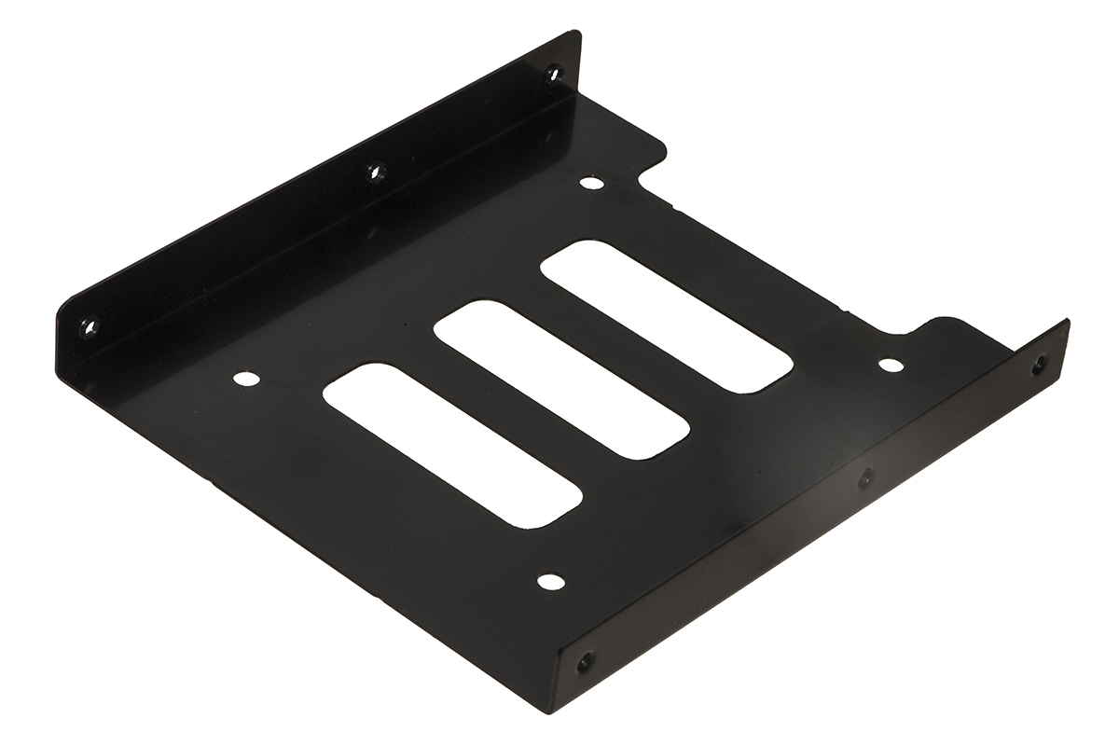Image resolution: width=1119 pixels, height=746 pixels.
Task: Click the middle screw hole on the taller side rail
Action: [x=376, y=171]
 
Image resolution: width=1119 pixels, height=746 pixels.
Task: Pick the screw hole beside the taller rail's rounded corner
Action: [x=90, y=327]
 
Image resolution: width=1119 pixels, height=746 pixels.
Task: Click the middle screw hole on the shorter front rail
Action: [x=865, y=477]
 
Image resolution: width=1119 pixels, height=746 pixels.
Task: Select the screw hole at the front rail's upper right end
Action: [x=1039, y=365]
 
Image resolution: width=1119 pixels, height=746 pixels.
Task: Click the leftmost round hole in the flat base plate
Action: [x=245, y=379]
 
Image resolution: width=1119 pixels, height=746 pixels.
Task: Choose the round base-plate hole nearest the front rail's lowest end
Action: [x=551, y=582]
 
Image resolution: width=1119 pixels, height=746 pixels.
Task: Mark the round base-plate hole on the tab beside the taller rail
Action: [x=590, y=183]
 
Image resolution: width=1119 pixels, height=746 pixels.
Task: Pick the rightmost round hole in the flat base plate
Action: [x=891, y=365]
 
